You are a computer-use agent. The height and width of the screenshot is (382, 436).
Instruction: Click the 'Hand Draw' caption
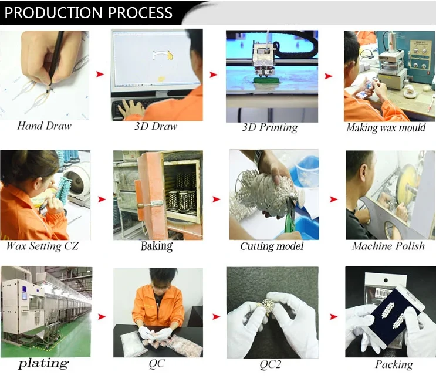[x=45, y=126]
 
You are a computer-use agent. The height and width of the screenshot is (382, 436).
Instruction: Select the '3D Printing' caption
[x=270, y=127]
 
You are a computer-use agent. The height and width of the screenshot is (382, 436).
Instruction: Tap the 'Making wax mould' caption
[x=386, y=127]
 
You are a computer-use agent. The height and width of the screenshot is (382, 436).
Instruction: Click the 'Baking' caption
[x=157, y=246]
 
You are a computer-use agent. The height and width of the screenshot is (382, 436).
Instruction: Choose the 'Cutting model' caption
[x=272, y=246]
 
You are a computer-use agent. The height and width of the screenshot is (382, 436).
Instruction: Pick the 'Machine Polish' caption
[x=388, y=246]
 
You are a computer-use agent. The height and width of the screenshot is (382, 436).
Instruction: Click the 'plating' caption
[x=43, y=364]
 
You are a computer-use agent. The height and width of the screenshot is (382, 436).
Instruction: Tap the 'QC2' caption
[x=271, y=364]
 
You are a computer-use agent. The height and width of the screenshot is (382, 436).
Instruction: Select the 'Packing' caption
[x=393, y=364]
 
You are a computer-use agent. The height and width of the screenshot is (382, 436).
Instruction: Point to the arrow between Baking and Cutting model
[x=217, y=199]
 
